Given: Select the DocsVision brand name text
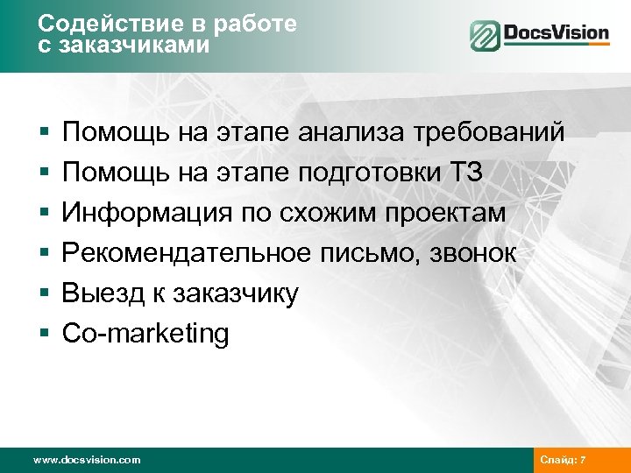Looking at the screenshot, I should tap(556, 34).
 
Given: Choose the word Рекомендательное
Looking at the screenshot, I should tap(186, 253).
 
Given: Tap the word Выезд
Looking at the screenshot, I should tap(97, 293).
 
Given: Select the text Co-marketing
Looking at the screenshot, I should tap(145, 334).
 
